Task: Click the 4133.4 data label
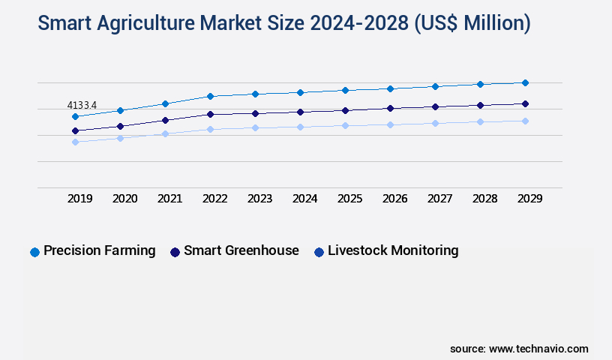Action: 82,105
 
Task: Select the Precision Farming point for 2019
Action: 75,116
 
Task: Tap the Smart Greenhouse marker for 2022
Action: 210,114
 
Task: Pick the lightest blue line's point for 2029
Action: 525,121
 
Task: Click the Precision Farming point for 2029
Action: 525,82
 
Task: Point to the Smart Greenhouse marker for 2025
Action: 345,110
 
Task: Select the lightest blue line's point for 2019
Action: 75,142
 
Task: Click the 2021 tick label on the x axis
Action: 169,199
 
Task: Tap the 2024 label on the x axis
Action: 304,199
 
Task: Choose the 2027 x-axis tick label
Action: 439,199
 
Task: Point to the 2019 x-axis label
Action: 79,199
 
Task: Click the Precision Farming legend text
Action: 99,250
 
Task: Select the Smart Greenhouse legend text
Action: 241,250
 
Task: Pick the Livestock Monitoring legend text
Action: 393,250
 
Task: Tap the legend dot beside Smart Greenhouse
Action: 175,252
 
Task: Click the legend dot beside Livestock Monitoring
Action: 319,252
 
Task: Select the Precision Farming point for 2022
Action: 210,96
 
